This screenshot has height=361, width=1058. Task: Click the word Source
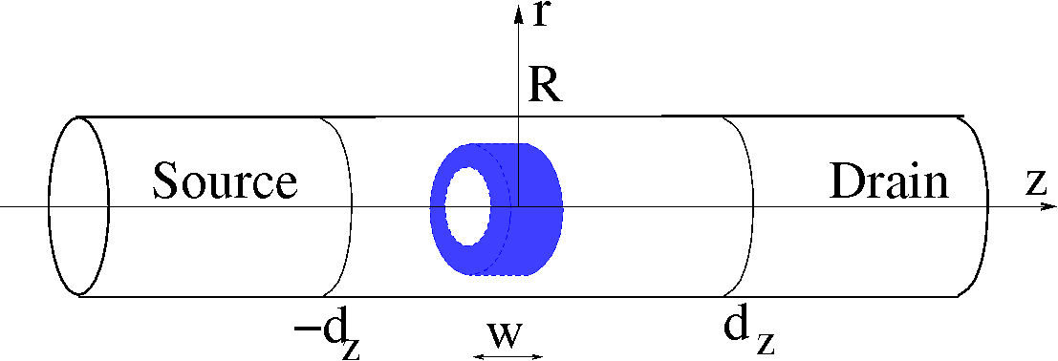point(226,180)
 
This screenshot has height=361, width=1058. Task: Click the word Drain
point(889,180)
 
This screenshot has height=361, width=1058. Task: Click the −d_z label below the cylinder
point(326,333)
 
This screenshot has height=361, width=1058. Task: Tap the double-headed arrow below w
point(508,356)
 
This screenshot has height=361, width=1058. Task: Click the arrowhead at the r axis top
point(518,10)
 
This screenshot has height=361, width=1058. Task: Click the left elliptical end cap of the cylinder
point(78,205)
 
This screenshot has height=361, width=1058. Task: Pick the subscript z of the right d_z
point(765,345)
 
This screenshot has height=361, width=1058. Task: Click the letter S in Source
point(167,180)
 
